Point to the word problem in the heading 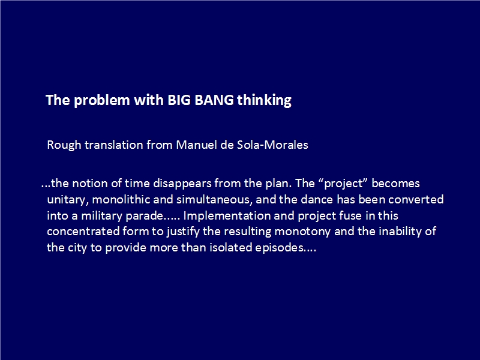click(102, 100)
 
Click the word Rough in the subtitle click(64, 145)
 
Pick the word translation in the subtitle click(114, 145)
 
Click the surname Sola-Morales click(272, 145)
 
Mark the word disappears click(182, 184)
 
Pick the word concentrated click(83, 231)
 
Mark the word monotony click(302, 232)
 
